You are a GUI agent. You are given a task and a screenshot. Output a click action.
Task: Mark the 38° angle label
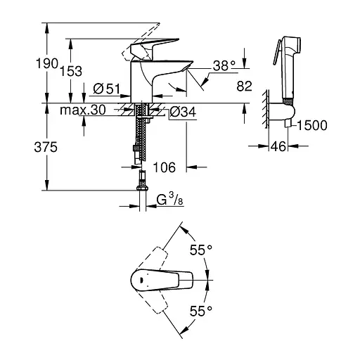click(x=224, y=65)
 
